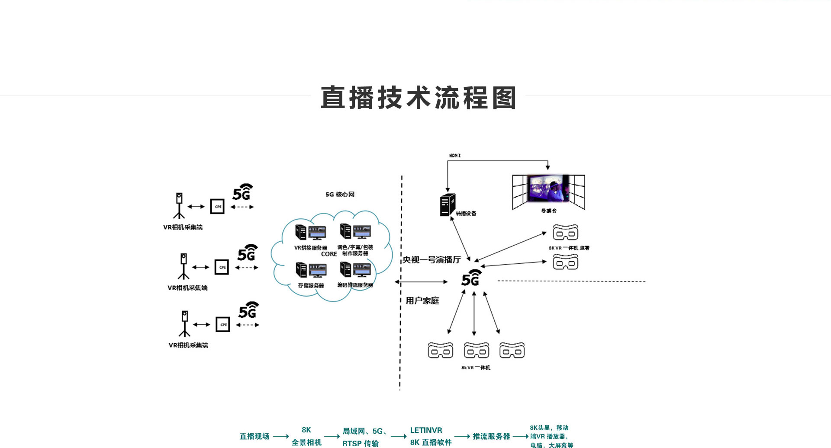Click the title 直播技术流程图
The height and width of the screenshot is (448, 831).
(418, 98)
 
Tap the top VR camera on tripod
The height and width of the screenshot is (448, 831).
(179, 205)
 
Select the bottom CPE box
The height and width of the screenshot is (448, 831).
(223, 324)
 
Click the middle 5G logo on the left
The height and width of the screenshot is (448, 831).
(247, 253)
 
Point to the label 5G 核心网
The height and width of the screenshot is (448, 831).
(340, 195)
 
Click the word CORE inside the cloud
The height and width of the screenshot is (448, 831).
(329, 254)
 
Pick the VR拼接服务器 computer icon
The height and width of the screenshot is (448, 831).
(310, 232)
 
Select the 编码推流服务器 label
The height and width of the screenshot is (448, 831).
(355, 285)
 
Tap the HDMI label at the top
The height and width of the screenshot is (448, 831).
(455, 156)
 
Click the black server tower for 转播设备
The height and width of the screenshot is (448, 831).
(448, 205)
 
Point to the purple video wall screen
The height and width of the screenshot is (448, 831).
(548, 189)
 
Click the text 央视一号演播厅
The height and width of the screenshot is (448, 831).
(432, 259)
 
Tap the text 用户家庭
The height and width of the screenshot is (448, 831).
(422, 301)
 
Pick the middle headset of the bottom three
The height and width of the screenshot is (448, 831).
(477, 350)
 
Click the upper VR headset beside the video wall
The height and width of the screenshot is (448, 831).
(565, 233)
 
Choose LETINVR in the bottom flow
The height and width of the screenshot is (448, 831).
(426, 430)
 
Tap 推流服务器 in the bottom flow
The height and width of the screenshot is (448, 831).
(491, 436)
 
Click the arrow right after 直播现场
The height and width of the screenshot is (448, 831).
(281, 436)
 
